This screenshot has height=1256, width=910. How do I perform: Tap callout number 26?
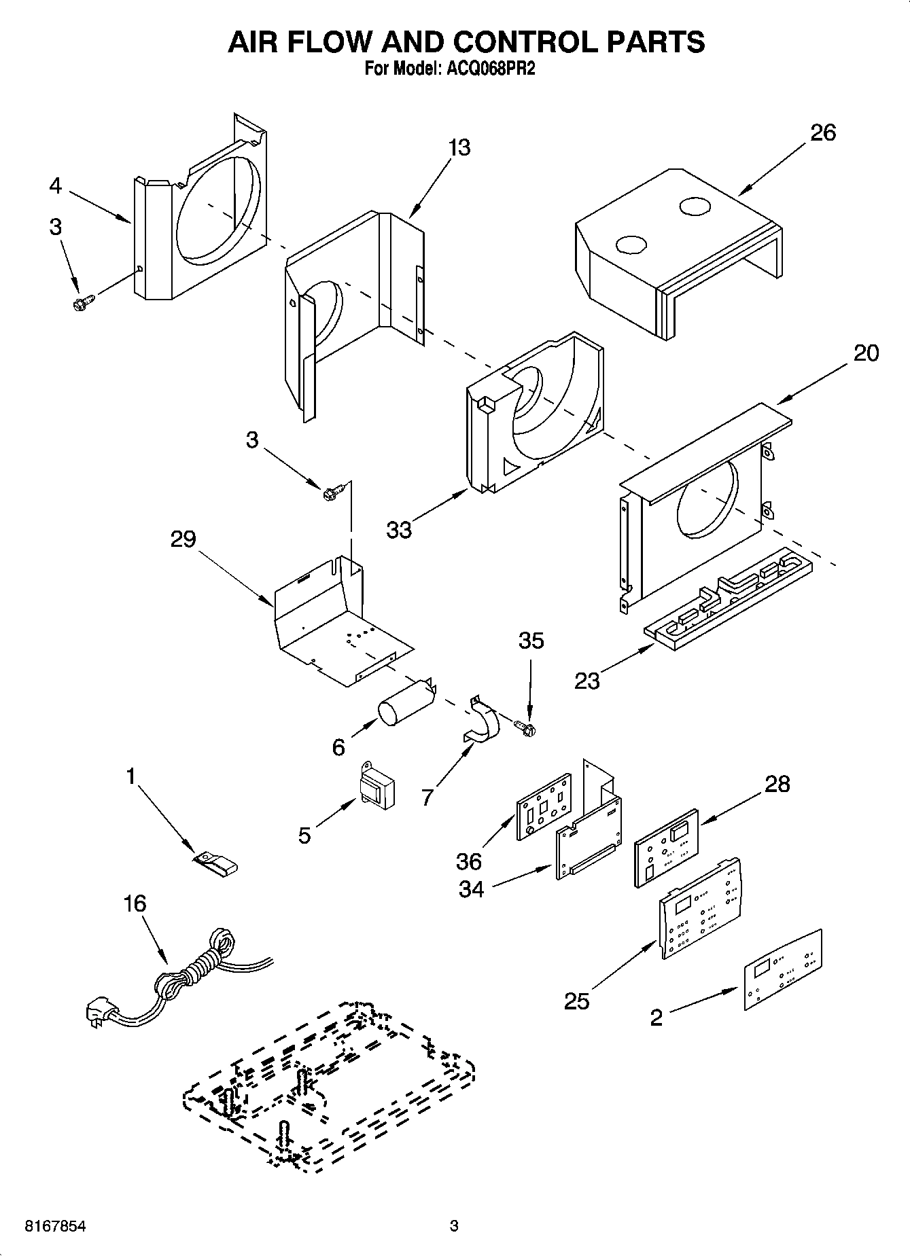(822, 132)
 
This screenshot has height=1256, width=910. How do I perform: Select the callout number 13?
(459, 147)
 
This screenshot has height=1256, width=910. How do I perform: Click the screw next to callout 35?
(525, 728)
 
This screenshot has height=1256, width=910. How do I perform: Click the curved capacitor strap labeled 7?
(483, 720)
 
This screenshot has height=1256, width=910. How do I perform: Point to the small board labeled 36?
(544, 806)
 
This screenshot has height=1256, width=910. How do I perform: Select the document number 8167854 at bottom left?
(55, 1227)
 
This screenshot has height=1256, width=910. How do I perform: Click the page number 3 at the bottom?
(454, 1227)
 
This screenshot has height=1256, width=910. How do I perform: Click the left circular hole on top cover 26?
(631, 245)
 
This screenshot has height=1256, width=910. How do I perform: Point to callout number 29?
(183, 539)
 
